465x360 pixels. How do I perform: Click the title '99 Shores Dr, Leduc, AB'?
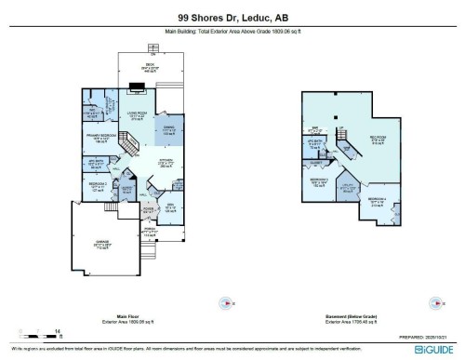(x=232, y=16)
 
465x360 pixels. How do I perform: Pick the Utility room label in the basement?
(x=348, y=189)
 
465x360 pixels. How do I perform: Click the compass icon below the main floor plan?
(x=223, y=301)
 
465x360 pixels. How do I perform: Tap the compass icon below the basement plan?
(x=432, y=301)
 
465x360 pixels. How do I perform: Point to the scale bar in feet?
(x=43, y=333)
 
